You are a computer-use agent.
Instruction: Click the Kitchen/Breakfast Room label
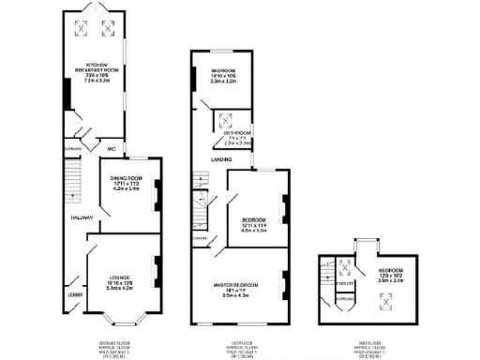98,73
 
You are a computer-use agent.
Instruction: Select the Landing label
220,159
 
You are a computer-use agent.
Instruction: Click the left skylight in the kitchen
81,30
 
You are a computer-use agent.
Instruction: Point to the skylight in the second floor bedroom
382,301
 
